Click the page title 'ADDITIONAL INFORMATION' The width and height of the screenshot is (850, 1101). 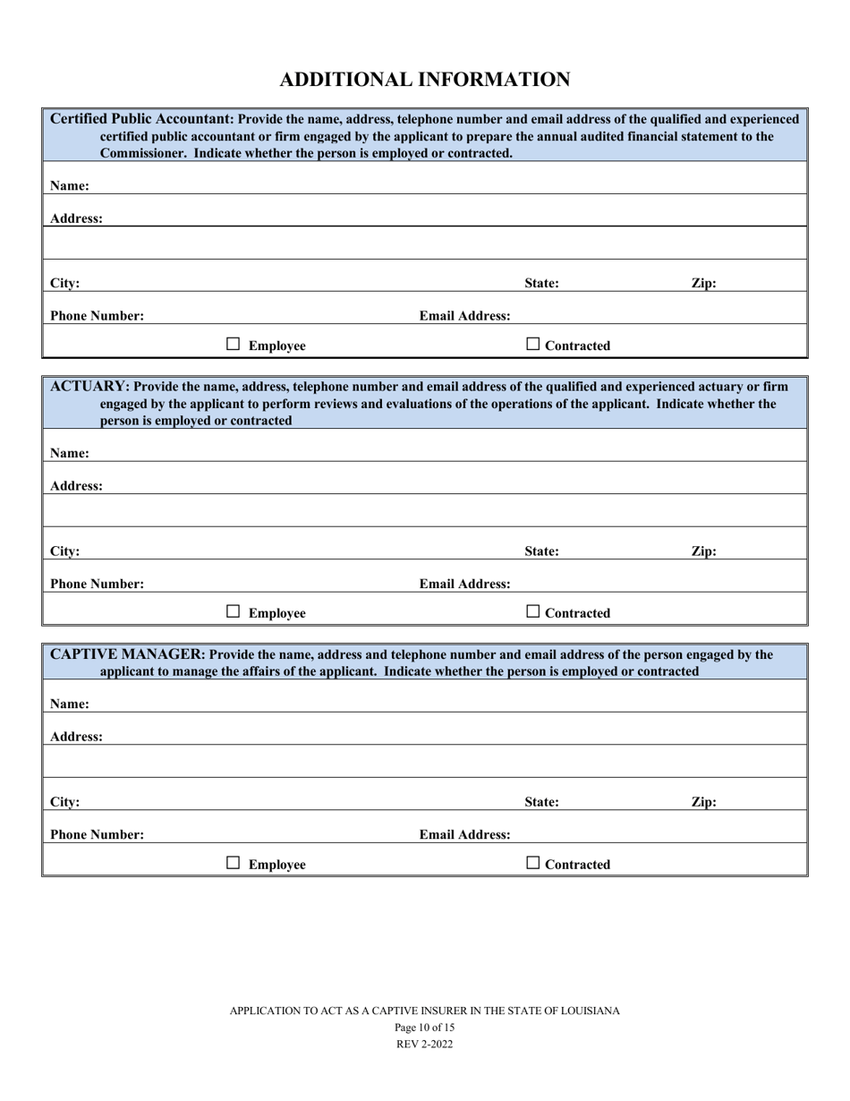click(x=424, y=80)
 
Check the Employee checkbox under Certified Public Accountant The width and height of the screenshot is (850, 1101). click(x=233, y=344)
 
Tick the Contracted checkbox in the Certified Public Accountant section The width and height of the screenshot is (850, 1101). click(x=533, y=344)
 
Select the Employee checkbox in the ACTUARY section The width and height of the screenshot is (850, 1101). click(x=233, y=611)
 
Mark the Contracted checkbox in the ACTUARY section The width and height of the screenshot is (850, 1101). click(x=533, y=611)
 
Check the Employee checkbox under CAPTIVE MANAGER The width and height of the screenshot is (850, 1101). click(x=233, y=863)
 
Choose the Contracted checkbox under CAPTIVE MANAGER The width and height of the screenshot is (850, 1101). click(x=533, y=863)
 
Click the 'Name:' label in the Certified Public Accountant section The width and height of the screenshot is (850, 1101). click(x=69, y=186)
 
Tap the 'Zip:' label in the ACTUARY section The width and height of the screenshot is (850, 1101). click(x=703, y=551)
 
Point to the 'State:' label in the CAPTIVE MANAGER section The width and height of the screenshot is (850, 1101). click(x=541, y=802)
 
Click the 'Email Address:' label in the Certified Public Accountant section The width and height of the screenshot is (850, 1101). click(x=465, y=316)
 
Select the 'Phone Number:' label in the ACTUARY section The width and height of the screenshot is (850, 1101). click(x=97, y=584)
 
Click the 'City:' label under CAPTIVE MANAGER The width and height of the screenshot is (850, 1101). click(x=64, y=802)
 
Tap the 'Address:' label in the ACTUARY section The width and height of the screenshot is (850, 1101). click(x=76, y=486)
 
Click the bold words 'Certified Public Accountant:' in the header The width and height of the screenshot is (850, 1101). click(x=141, y=119)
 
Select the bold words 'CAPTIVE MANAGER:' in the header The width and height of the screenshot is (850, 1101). click(x=128, y=654)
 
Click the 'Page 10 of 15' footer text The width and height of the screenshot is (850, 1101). click(x=424, y=1028)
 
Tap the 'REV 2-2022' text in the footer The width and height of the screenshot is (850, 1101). click(x=424, y=1044)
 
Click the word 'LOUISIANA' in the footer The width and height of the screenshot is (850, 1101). click(x=590, y=1011)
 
